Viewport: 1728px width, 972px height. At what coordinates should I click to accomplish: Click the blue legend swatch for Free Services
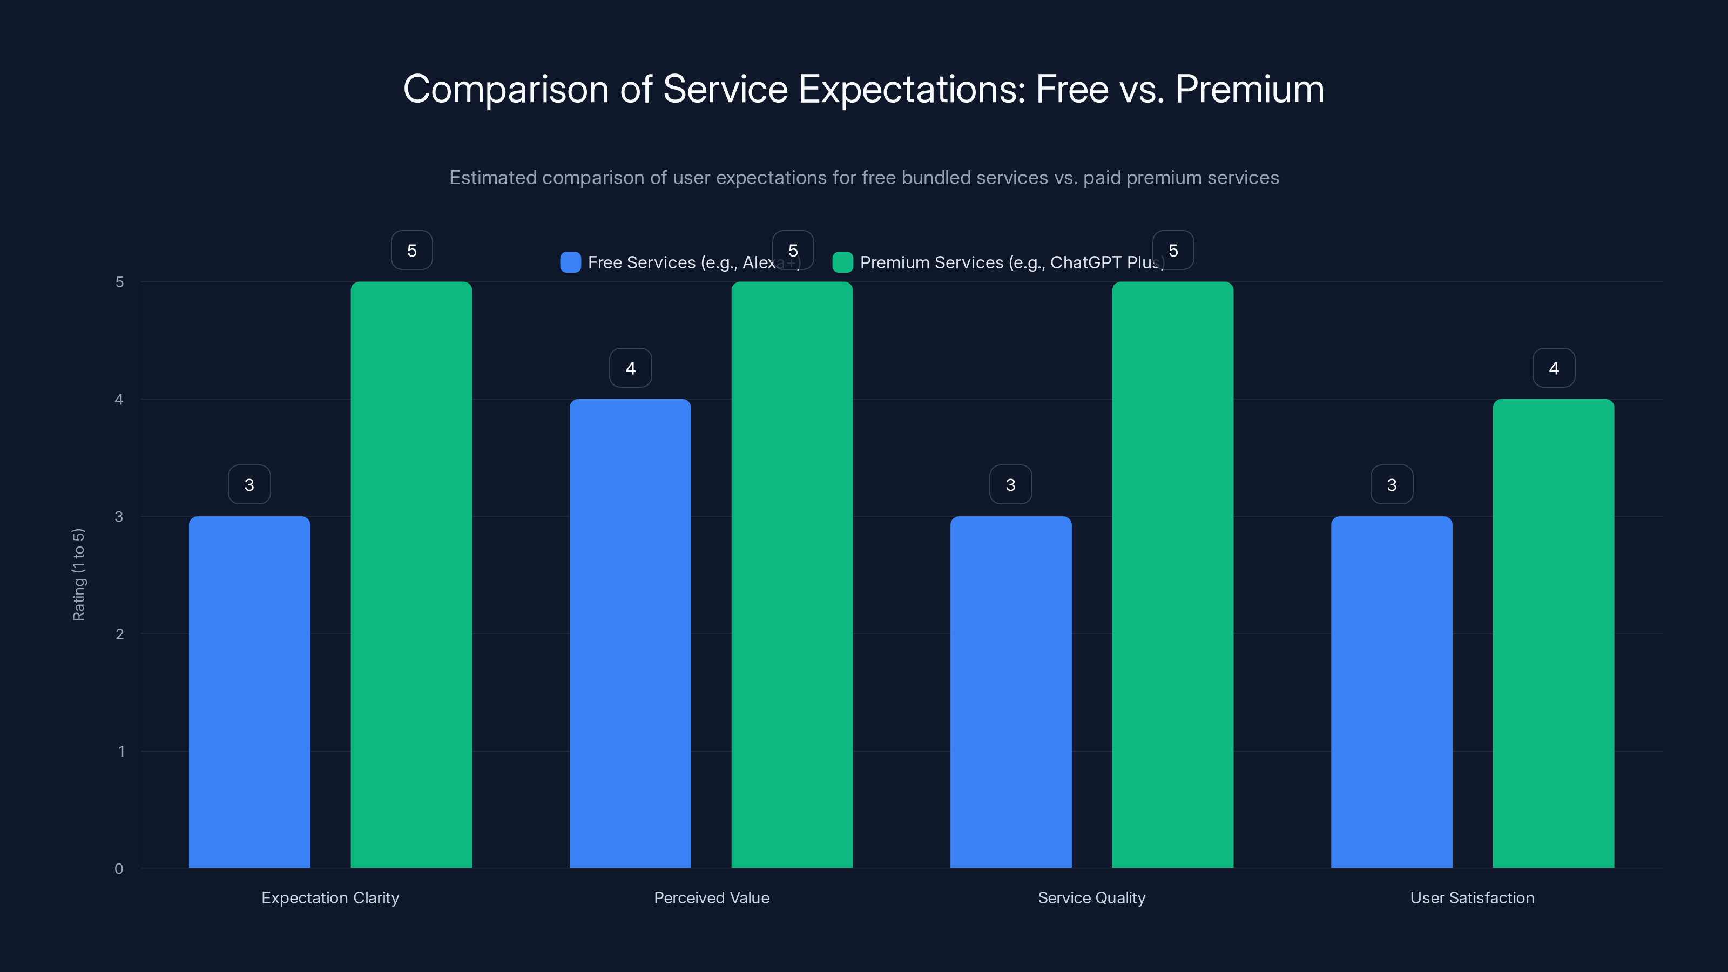[570, 262]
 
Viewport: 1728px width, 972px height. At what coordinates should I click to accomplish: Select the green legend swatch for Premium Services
[842, 262]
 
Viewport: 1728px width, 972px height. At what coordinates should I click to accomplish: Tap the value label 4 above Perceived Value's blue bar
[630, 368]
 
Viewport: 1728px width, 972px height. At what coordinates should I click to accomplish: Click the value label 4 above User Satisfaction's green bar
[1553, 368]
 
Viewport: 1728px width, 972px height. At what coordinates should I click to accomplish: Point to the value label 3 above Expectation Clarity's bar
[249, 484]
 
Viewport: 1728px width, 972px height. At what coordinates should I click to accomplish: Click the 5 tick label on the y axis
[119, 282]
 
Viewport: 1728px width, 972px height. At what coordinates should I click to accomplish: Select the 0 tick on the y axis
[119, 869]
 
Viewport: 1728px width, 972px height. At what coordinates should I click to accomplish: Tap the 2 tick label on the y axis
[119, 634]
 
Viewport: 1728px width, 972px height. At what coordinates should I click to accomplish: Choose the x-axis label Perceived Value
[711, 897]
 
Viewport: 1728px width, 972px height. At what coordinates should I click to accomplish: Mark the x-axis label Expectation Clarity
[330, 897]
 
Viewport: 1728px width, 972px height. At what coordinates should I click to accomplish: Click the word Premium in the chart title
[1249, 89]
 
